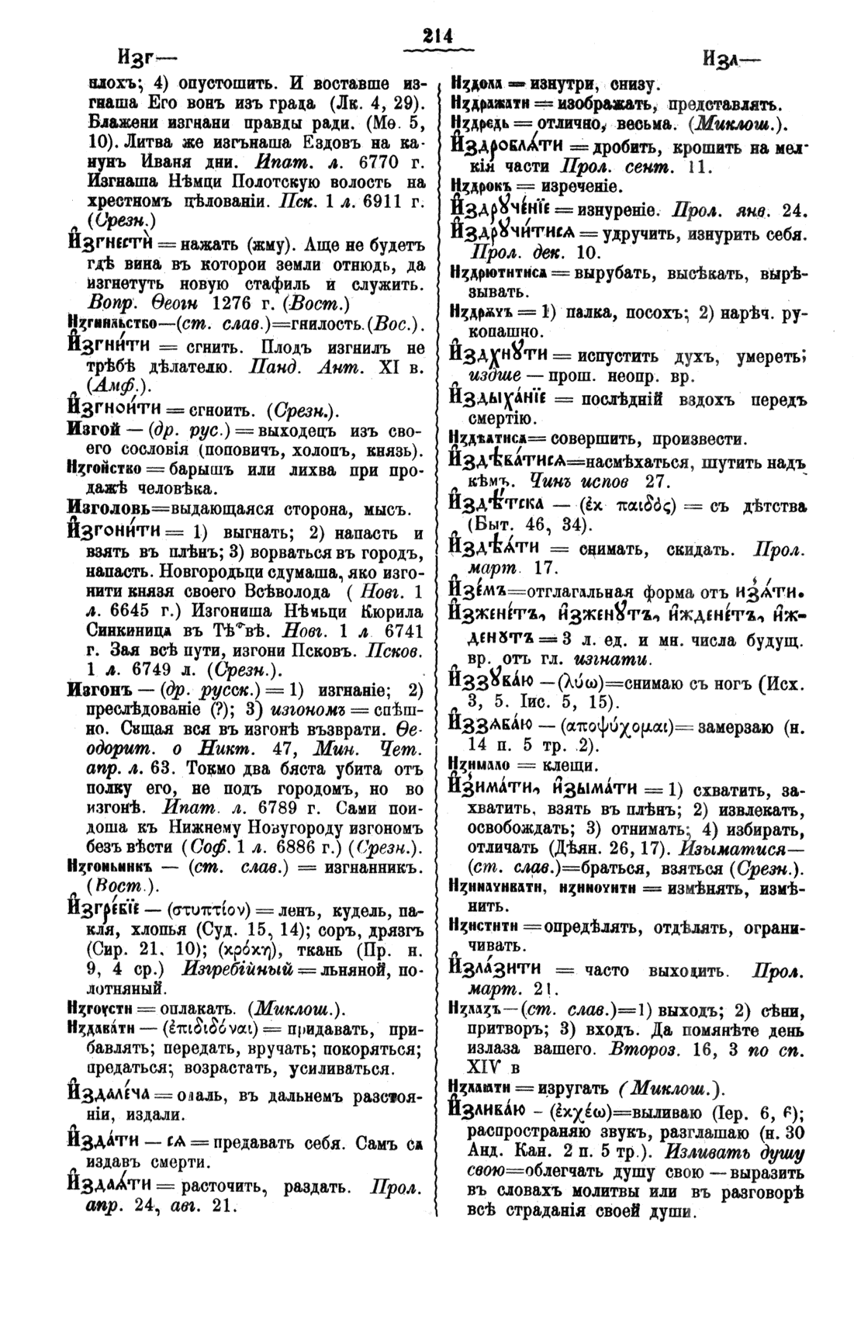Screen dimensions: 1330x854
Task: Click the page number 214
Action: click(x=427, y=36)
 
